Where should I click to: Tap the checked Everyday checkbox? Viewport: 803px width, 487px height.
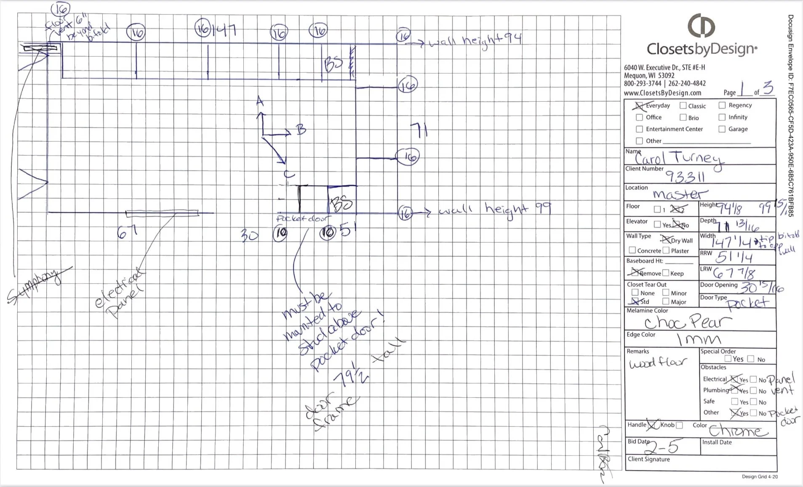[x=640, y=106]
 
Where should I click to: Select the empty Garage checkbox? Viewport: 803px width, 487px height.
[x=722, y=129]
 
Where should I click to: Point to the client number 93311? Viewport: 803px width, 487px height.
[x=685, y=177]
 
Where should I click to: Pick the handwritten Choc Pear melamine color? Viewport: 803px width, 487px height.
[x=688, y=323]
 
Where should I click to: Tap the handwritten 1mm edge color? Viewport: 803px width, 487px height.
[x=699, y=339]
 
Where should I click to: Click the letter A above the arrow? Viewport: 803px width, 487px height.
[x=260, y=101]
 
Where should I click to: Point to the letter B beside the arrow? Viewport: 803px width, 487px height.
[x=301, y=129]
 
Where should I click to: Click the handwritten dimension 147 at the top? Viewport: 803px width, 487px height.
[x=224, y=30]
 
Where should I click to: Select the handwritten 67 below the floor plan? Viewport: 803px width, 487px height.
[x=127, y=231]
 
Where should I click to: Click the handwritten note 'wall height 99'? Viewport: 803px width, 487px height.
[x=495, y=209]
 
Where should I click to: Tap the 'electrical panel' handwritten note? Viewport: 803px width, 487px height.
[x=120, y=294]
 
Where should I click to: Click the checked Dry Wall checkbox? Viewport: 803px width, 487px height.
[x=666, y=240]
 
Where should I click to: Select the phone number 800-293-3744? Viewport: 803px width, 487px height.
[x=643, y=84]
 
